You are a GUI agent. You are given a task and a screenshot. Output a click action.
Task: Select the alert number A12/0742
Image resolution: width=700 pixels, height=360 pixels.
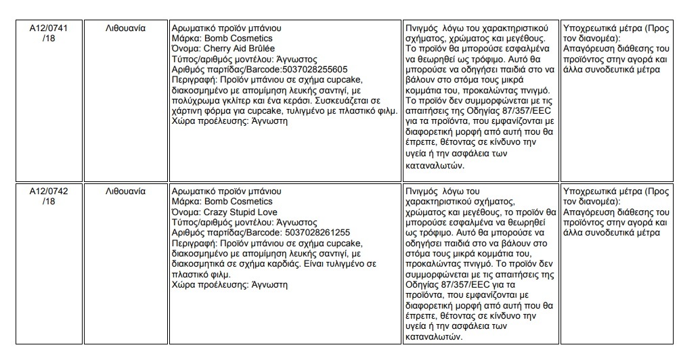49,192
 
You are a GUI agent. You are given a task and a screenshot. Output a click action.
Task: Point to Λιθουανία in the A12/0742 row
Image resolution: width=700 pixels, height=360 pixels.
126,192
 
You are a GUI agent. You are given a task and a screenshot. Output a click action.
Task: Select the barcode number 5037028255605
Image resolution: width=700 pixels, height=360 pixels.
314,69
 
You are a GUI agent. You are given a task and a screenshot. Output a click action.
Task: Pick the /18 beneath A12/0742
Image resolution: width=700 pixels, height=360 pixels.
49,202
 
